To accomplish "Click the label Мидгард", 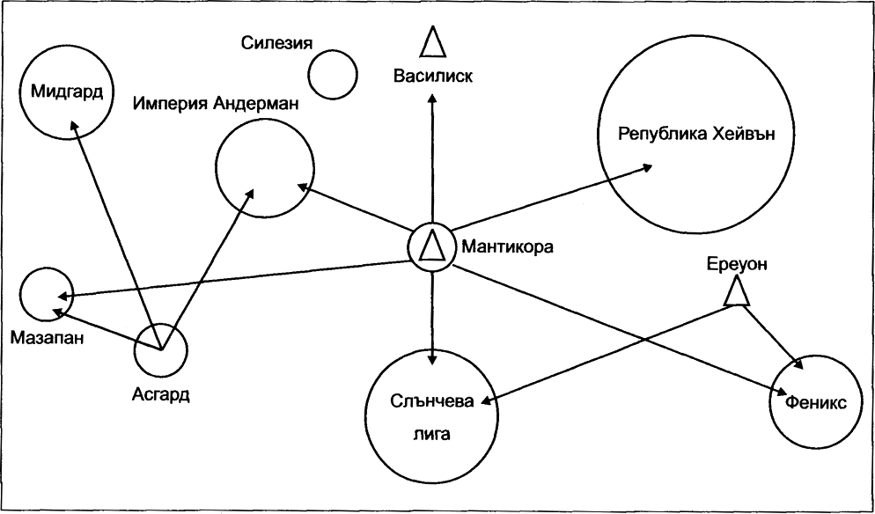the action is point(67,91).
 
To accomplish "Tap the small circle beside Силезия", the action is point(333,75).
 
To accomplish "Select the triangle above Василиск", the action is point(433,42).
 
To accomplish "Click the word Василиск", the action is point(433,75).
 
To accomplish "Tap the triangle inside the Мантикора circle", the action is point(432,246).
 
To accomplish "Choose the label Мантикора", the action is point(505,246).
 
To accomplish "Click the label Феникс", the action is point(816,402).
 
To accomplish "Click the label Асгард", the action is point(161,394).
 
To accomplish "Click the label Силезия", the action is point(276,42).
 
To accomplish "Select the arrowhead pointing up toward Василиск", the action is point(432,98).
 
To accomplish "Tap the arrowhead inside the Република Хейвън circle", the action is point(647,167).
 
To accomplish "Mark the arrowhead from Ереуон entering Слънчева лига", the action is point(487,400).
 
